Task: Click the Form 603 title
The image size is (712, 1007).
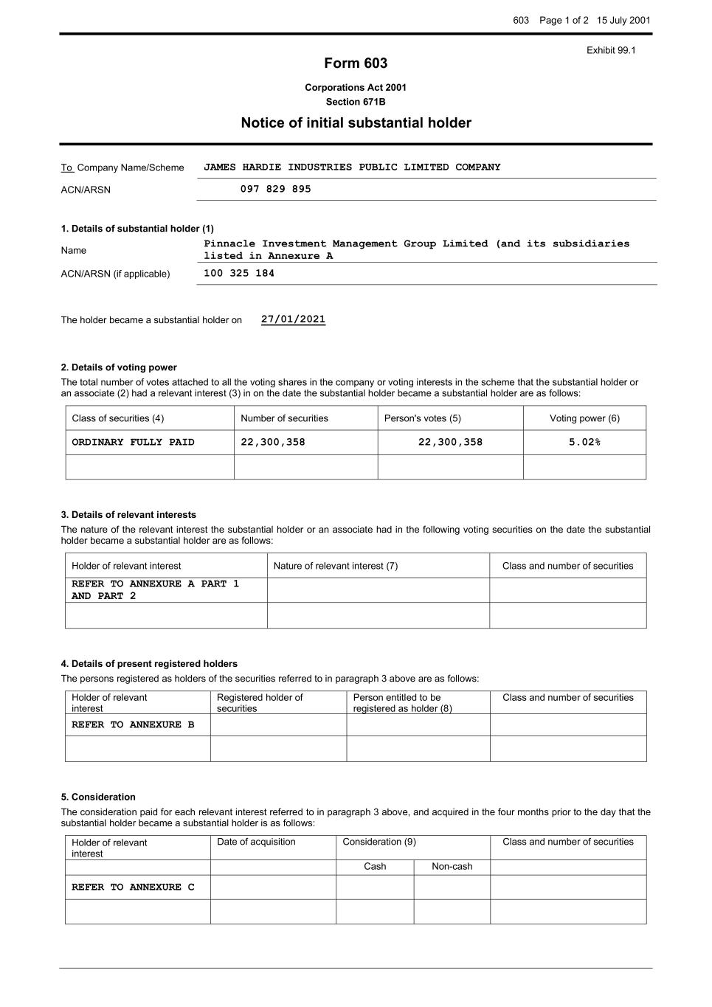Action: click(356, 63)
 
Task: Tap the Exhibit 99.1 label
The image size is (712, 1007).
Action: click(611, 50)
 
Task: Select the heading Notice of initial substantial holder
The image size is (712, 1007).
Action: click(356, 123)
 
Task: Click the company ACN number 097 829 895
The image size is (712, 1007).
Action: click(276, 190)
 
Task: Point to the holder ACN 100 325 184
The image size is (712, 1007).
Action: click(239, 274)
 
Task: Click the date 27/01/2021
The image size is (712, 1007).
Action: click(293, 319)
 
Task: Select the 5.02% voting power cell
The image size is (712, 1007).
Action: click(584, 443)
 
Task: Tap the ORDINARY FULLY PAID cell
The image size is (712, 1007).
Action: click(134, 443)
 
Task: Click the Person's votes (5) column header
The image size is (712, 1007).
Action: click(423, 418)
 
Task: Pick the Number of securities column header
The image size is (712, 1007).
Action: click(285, 418)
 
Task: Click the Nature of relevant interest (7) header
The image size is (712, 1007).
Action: click(336, 566)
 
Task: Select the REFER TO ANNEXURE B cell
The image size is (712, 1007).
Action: click(134, 725)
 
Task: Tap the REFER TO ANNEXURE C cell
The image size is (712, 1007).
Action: click(134, 887)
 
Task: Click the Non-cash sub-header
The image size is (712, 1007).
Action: click(452, 867)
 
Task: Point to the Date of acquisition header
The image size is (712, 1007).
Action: click(256, 842)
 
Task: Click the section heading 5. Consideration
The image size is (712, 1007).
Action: click(98, 797)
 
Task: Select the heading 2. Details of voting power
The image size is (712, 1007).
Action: click(119, 367)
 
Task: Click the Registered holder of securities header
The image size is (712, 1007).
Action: click(260, 702)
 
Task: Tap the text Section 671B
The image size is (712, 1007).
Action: click(356, 102)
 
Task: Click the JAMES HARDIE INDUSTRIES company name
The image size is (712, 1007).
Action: click(352, 167)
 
